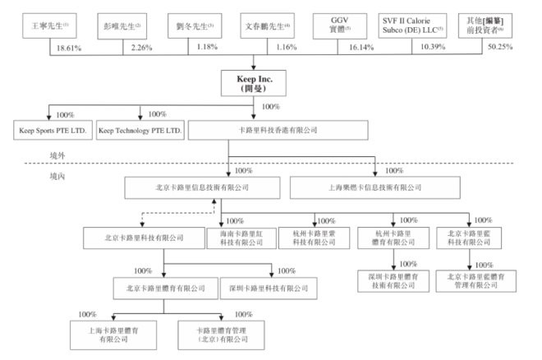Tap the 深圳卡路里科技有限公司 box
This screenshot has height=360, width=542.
click(x=264, y=288)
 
